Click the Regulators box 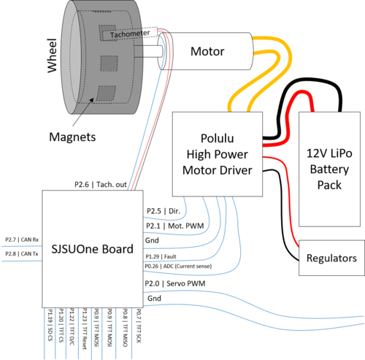(331, 258)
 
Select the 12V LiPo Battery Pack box (329, 169)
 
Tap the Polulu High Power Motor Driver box (218, 154)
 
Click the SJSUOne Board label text (93, 249)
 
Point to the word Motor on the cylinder (207, 51)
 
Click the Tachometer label (130, 34)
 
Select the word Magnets (72, 137)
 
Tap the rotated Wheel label (52, 55)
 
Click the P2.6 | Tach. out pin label (101, 185)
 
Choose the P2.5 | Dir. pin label (164, 211)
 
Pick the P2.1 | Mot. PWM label (175, 226)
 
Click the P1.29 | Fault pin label (161, 256)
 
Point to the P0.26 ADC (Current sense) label (178, 267)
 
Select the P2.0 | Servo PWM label (175, 283)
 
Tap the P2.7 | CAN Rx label (22, 240)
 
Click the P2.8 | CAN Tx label (22, 254)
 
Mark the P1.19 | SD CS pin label (50, 325)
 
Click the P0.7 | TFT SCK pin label (139, 326)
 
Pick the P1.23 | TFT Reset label (85, 329)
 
